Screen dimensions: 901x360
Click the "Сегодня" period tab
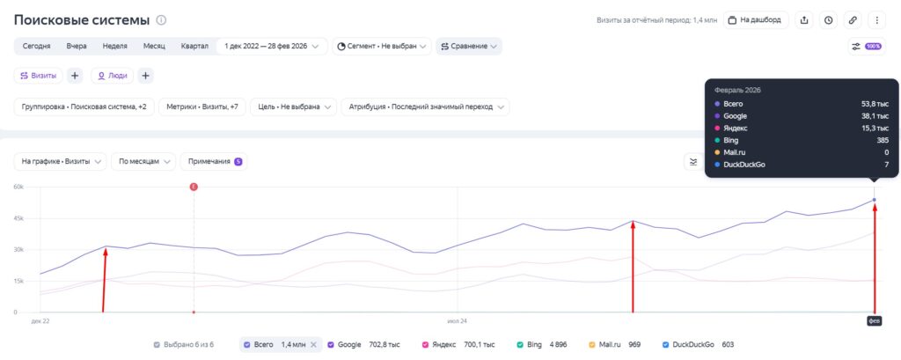[x=36, y=46]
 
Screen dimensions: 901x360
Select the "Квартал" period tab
[x=194, y=46]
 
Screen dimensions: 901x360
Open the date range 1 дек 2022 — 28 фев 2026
[x=272, y=46]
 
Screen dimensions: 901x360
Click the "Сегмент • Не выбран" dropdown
[x=382, y=46]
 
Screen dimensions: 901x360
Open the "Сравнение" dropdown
[x=469, y=46]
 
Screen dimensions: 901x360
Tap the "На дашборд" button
[x=756, y=20]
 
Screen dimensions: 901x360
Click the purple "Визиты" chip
[x=39, y=76]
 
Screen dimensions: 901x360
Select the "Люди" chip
[x=112, y=76]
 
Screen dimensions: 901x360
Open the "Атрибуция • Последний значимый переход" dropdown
[x=425, y=107]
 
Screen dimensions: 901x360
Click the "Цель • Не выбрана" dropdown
[x=293, y=107]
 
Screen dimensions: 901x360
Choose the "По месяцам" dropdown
[x=143, y=162]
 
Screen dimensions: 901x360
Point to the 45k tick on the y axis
[x=19, y=218]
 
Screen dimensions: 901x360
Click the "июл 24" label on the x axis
[x=458, y=321]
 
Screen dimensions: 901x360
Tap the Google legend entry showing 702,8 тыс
[x=363, y=344]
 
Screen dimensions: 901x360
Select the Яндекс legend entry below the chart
[x=458, y=344]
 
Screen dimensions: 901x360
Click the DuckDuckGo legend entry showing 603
[x=698, y=344]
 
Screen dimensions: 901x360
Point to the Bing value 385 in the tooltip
[x=883, y=140]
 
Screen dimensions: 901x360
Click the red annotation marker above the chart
[x=194, y=187]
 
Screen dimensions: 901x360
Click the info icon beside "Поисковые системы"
[x=162, y=20]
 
